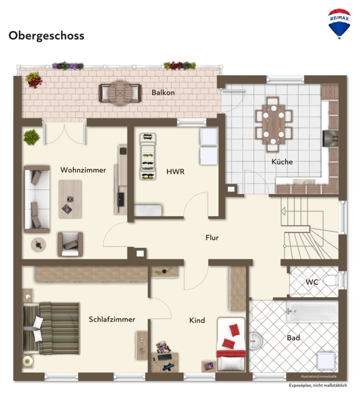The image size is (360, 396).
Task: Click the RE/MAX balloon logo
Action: pyautogui.click(x=339, y=23)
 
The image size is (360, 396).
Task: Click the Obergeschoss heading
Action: pyautogui.click(x=47, y=36)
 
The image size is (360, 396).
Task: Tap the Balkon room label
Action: pyautogui.click(x=163, y=92)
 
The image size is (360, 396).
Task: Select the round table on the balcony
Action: pyautogui.click(x=120, y=93)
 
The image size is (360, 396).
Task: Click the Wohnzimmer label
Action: pyautogui.click(x=83, y=170)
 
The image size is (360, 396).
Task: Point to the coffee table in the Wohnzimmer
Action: pyautogui.click(x=70, y=199)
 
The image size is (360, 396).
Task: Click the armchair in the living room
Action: pyautogui.click(x=70, y=244)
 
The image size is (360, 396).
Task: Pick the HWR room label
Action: pyautogui.click(x=175, y=172)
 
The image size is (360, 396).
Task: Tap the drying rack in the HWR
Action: pyautogui.click(x=148, y=157)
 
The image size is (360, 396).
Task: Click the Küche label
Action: pyautogui.click(x=282, y=161)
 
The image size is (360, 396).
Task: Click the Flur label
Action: pyautogui.click(x=212, y=238)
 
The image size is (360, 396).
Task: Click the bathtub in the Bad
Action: pyautogui.click(x=312, y=312)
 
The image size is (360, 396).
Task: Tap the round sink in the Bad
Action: pyautogui.click(x=255, y=341)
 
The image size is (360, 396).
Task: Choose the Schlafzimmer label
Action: pyautogui.click(x=112, y=319)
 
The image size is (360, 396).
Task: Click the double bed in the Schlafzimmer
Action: pyautogui.click(x=51, y=328)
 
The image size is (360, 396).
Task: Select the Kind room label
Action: pyautogui.click(x=197, y=320)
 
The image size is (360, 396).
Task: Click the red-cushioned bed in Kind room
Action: pyautogui.click(x=231, y=344)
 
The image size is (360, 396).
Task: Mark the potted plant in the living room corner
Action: pyautogui.click(x=32, y=137)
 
